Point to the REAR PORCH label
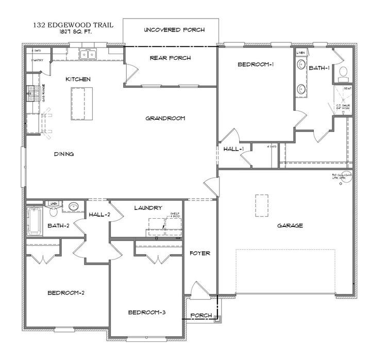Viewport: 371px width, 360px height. tap(170, 58)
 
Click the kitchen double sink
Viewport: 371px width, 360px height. tap(89, 54)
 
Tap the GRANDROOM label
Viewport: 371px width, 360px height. tap(165, 118)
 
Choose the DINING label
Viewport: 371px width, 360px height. tap(64, 154)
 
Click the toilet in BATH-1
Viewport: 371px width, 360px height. tap(343, 73)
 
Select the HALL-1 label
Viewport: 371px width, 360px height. tap(233, 149)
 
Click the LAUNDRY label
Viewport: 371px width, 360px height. tap(148, 208)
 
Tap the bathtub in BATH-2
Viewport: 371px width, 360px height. tap(35, 220)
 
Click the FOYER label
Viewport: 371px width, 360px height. tap(198, 253)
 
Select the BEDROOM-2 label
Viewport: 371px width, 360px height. tap(66, 293)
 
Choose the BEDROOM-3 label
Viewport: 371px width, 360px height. tap(147, 313)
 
